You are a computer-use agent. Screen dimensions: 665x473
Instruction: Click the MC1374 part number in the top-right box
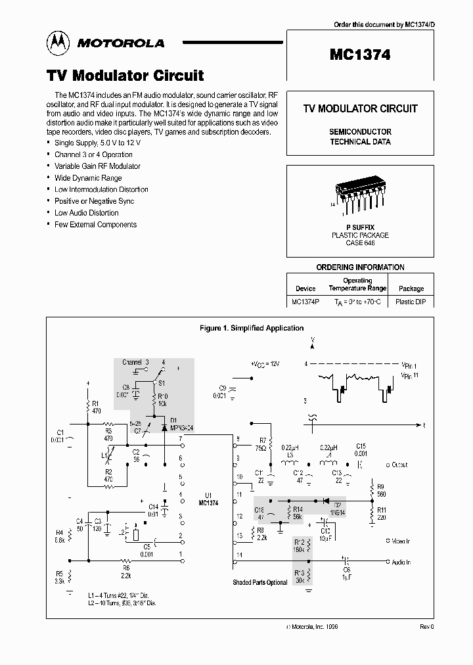pyautogui.click(x=359, y=56)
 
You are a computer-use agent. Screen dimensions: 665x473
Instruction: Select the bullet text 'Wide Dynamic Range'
pyautogui.click(x=88, y=177)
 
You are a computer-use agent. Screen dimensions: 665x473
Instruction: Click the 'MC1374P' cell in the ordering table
pyautogui.click(x=305, y=302)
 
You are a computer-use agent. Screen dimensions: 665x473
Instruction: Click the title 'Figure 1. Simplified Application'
pyautogui.click(x=251, y=328)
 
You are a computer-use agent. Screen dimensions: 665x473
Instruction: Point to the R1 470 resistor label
pyautogui.click(x=95, y=407)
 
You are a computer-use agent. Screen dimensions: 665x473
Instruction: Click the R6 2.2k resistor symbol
pyautogui.click(x=127, y=561)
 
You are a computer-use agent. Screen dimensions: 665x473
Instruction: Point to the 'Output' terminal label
pyautogui.click(x=398, y=465)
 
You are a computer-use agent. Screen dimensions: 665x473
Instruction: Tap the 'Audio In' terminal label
pyautogui.click(x=400, y=562)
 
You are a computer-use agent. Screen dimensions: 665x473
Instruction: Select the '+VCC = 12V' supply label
pyautogui.click(x=265, y=364)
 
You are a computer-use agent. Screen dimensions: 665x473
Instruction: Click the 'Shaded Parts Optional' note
pyautogui.click(x=259, y=582)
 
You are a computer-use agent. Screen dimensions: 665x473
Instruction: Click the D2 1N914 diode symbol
pyautogui.click(x=323, y=500)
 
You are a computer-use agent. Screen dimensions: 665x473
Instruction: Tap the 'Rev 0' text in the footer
pyautogui.click(x=426, y=627)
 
